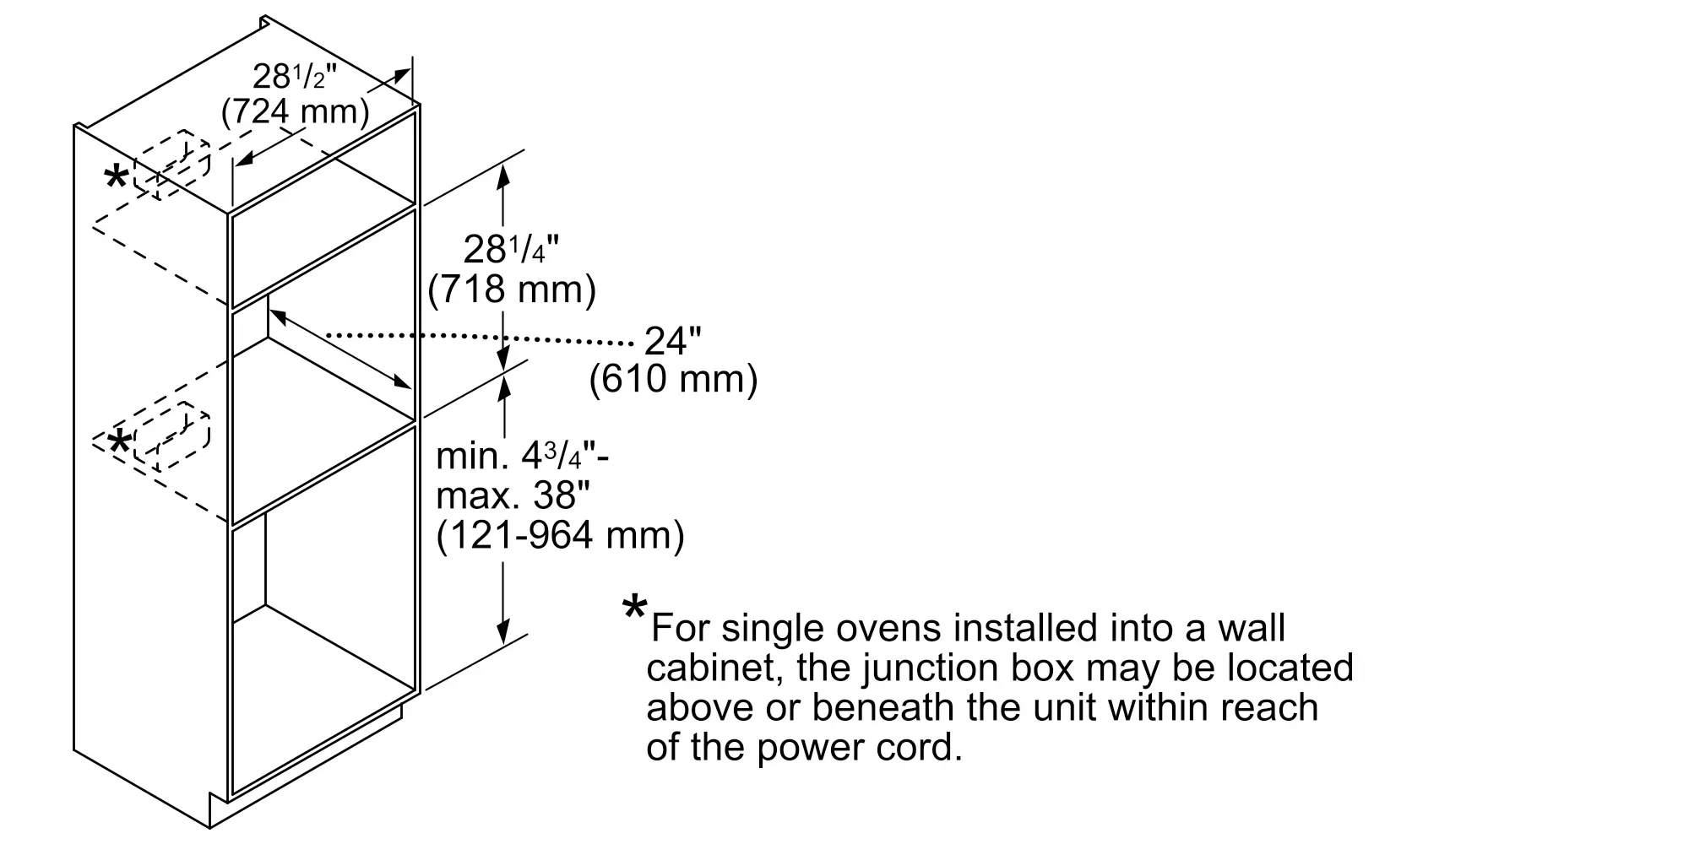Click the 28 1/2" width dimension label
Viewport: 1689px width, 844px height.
click(x=295, y=78)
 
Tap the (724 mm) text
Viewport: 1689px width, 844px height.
click(x=295, y=111)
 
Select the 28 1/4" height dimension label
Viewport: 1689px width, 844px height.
click(x=512, y=250)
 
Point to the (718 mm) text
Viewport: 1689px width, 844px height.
click(x=512, y=289)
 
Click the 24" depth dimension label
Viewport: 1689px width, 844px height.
click(x=673, y=341)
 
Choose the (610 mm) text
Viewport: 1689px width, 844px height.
click(x=673, y=379)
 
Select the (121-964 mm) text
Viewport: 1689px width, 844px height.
click(x=560, y=535)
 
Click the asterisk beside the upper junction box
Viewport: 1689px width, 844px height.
click(x=116, y=179)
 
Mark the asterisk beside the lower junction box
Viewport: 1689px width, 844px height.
click(x=121, y=441)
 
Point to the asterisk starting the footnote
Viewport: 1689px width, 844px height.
click(x=634, y=609)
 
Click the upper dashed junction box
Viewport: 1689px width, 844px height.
click(x=173, y=165)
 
